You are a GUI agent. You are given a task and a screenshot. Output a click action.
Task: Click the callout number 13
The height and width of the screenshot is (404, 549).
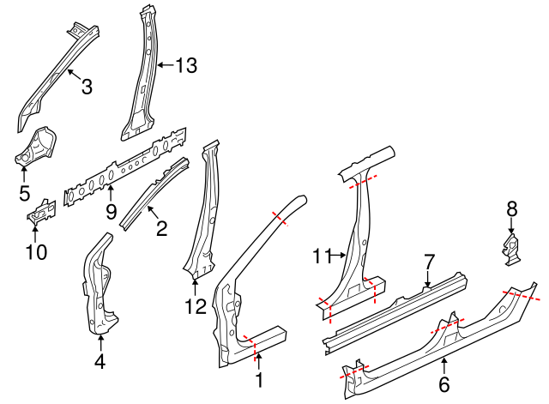click(185, 64)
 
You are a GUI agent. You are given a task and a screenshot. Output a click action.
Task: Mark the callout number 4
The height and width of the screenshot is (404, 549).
click(100, 362)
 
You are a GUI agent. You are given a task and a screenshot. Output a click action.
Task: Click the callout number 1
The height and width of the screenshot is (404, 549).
click(259, 378)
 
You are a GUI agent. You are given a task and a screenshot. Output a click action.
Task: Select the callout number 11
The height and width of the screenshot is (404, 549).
click(322, 255)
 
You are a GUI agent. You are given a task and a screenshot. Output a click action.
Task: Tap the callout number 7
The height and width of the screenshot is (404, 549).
click(430, 260)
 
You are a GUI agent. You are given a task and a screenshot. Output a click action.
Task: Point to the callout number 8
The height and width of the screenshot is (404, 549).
click(512, 208)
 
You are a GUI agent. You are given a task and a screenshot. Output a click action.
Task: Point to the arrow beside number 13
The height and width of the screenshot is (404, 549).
click(165, 64)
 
